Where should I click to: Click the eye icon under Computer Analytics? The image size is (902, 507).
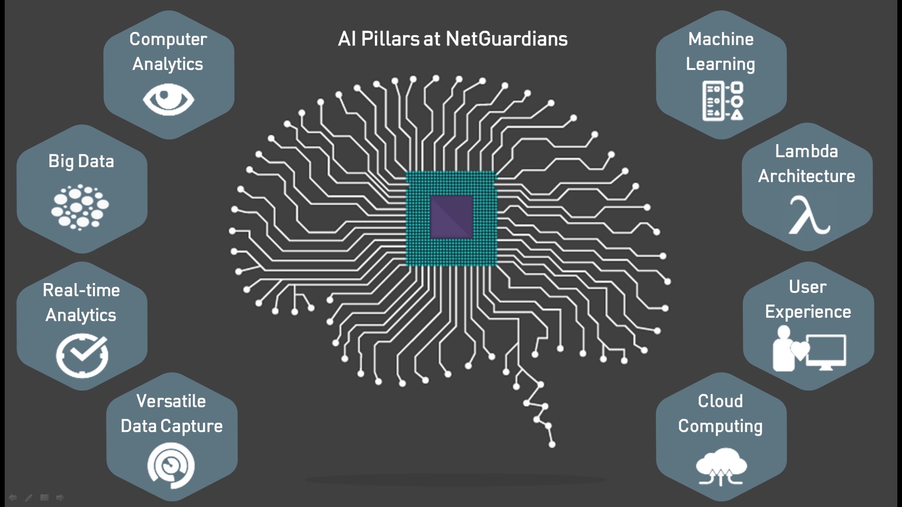(x=168, y=99)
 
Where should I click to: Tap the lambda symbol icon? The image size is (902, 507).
(x=809, y=216)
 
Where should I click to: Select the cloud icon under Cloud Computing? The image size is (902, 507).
(x=721, y=466)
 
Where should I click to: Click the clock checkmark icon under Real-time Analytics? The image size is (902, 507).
(x=82, y=355)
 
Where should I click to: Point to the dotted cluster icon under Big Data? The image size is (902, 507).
(x=80, y=207)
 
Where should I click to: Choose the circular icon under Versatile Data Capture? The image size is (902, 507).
(x=171, y=466)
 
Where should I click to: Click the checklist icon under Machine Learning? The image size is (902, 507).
(x=723, y=101)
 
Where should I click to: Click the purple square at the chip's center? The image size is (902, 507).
(x=451, y=217)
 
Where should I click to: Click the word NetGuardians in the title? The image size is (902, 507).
(x=506, y=39)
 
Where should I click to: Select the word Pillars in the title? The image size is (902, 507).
(x=390, y=39)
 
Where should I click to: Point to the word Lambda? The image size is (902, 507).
(x=806, y=151)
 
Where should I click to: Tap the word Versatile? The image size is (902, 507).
(x=171, y=401)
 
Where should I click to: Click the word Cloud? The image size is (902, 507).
(x=720, y=401)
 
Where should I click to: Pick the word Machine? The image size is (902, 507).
(x=721, y=39)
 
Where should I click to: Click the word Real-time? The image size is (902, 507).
(x=81, y=290)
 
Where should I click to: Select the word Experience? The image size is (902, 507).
(x=808, y=312)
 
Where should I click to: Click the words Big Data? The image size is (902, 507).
(x=81, y=161)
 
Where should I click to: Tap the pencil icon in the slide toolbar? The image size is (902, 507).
(x=29, y=498)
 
